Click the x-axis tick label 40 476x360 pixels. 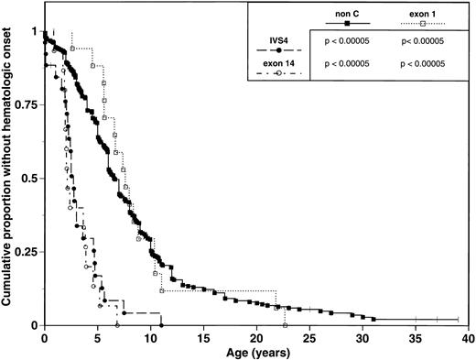point(467,338)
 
